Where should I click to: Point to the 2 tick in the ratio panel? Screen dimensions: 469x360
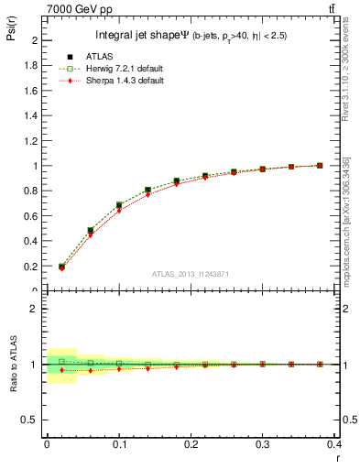click(32, 309)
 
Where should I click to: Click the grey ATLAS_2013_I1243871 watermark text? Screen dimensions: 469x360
click(191, 275)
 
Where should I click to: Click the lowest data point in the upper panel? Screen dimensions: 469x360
click(61, 267)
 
